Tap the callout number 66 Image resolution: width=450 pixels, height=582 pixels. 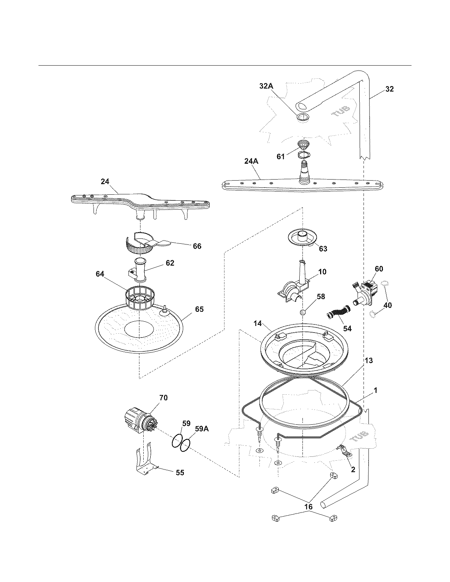tap(197, 246)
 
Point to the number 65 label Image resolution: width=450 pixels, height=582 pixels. tap(199, 309)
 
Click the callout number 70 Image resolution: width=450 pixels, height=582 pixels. tap(163, 398)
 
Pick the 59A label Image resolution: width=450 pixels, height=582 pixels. tap(202, 429)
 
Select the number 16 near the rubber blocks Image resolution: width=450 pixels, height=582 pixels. tap(308, 507)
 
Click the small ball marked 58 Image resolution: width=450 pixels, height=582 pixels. tap(302, 313)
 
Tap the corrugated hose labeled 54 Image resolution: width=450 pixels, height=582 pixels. tap(338, 312)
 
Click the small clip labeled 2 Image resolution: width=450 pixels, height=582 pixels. tap(344, 450)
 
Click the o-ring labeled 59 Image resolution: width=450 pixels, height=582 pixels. tap(178, 441)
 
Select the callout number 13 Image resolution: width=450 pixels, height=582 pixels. tap(368, 360)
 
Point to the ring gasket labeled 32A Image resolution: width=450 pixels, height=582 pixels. tap(302, 118)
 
